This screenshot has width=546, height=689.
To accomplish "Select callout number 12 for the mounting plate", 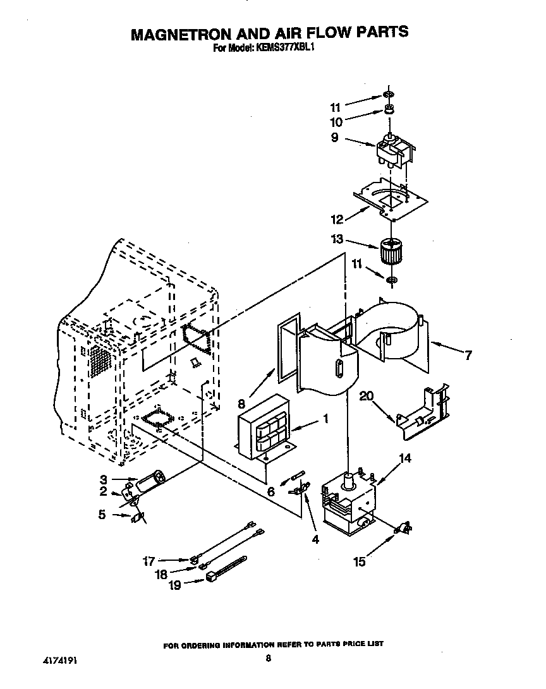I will tap(337, 219).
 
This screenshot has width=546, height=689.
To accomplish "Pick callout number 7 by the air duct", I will tap(468, 356).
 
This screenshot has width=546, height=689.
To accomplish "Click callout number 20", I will tap(367, 396).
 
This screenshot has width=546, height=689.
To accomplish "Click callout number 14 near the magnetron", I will tap(405, 458).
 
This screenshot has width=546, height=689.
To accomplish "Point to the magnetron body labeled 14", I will tap(348, 503).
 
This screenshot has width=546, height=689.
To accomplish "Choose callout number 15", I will tap(359, 561).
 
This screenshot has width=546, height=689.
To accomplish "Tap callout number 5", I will tap(102, 515).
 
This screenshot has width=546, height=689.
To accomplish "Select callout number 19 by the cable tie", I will tap(174, 585).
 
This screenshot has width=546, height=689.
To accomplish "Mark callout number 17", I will tap(149, 560).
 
